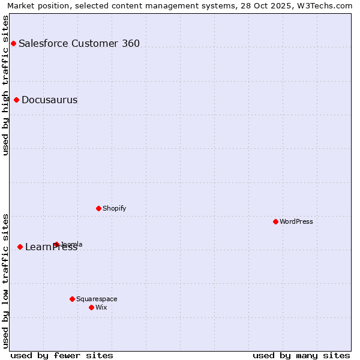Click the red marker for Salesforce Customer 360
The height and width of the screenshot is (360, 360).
pyautogui.click(x=13, y=43)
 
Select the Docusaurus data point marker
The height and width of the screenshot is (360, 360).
pyautogui.click(x=16, y=100)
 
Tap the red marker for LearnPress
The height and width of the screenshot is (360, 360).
pyautogui.click(x=20, y=247)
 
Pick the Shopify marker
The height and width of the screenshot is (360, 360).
pyautogui.click(x=98, y=208)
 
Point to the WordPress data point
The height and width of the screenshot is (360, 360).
pyautogui.click(x=275, y=221)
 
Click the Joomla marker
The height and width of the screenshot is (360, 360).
pyautogui.click(x=56, y=244)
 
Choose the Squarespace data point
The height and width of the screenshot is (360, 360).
pyautogui.click(x=72, y=299)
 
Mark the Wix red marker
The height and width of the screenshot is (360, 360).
pyautogui.click(x=91, y=307)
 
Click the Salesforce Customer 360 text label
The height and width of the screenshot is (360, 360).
pyautogui.click(x=79, y=43)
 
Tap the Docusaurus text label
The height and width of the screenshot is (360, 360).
pyautogui.click(x=49, y=100)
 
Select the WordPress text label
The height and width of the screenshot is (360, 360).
pyautogui.click(x=296, y=221)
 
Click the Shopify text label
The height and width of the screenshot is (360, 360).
pyautogui.click(x=114, y=208)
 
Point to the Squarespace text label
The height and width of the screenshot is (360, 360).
pyautogui.click(x=97, y=299)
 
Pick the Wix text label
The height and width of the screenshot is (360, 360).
pyautogui.click(x=101, y=307)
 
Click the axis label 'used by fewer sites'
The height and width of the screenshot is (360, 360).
pyautogui.click(x=62, y=355)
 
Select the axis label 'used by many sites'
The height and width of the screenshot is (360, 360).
pyautogui.click(x=301, y=355)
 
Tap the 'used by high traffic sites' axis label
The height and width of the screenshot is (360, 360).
pyautogui.click(x=5, y=85)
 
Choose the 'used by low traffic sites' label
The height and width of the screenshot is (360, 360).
pyautogui.click(x=5, y=281)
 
